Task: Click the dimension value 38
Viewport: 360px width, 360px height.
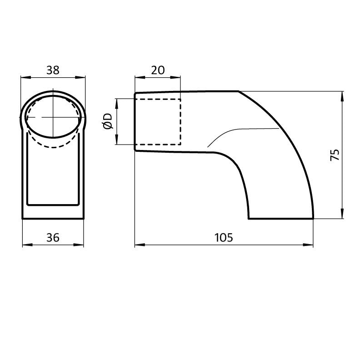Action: point(53,70)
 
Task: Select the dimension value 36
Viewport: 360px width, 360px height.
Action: point(53,237)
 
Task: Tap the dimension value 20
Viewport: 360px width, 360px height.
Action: point(157,70)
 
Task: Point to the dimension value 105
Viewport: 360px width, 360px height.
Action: point(224,237)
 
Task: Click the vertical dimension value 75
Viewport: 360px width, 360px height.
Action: point(335,155)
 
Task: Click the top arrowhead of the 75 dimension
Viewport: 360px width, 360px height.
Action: point(342,95)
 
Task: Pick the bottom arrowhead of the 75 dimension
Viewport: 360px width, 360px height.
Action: point(342,215)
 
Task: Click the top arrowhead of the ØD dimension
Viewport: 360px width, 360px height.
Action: point(117,101)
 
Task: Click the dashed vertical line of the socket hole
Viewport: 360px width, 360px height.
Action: point(180,122)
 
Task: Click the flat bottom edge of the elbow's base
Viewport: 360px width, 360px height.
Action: point(280,219)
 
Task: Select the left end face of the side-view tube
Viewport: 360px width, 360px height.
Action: point(135,122)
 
